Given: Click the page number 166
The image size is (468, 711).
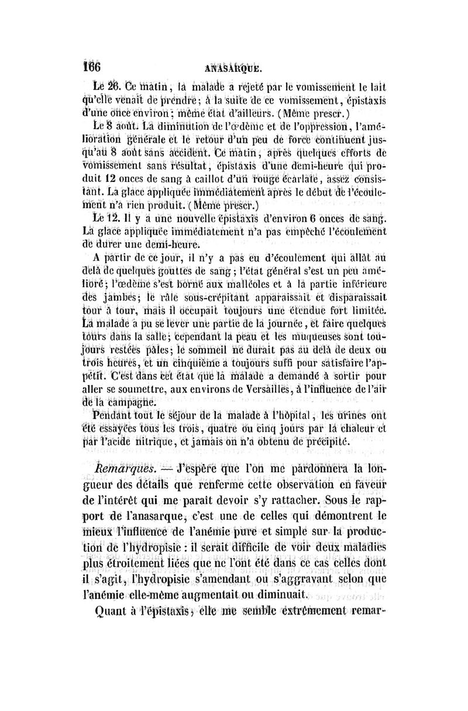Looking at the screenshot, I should (x=91, y=66).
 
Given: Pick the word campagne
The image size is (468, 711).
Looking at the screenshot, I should (x=130, y=403).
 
